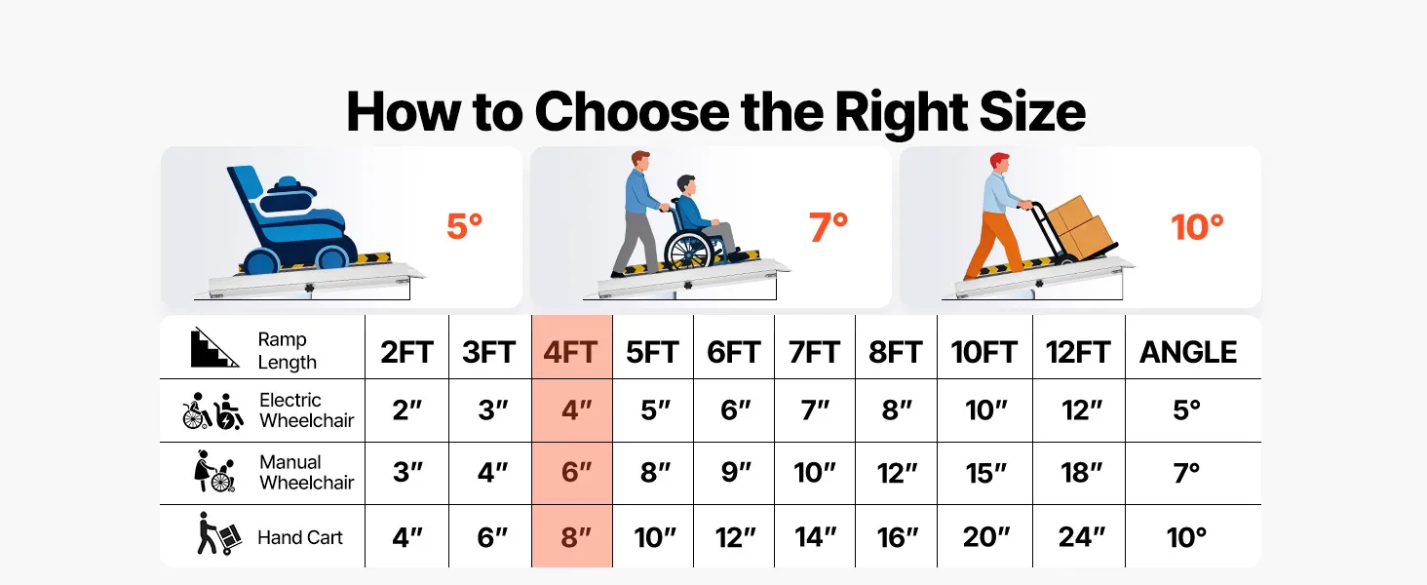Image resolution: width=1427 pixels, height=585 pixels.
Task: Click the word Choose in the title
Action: pyautogui.click(x=632, y=111)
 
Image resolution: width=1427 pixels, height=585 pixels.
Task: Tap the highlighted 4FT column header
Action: pyautogui.click(x=570, y=352)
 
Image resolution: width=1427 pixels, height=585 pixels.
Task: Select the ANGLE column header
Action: pyautogui.click(x=1188, y=352)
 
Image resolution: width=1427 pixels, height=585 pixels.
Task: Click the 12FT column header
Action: pyautogui.click(x=1078, y=352)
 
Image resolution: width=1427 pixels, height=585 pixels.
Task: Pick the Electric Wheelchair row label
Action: pyautogui.click(x=306, y=409)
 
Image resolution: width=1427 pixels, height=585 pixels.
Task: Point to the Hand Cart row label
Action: pyautogui.click(x=299, y=537)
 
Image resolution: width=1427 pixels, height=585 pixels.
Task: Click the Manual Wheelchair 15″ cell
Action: pyautogui.click(x=985, y=473)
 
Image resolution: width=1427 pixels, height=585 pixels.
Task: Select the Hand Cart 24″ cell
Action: pyautogui.click(x=1081, y=537)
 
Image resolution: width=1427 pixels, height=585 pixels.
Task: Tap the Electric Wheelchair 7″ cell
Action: pyautogui.click(x=815, y=409)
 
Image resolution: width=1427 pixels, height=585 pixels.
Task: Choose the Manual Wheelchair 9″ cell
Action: pyautogui.click(x=736, y=473)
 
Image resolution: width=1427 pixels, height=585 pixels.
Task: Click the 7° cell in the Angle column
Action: pyautogui.click(x=1186, y=473)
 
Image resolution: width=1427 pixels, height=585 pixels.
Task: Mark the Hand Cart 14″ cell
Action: pyautogui.click(x=815, y=537)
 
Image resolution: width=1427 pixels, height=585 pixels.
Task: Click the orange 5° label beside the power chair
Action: pyautogui.click(x=464, y=226)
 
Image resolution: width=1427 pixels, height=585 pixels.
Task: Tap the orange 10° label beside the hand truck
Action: pyautogui.click(x=1197, y=227)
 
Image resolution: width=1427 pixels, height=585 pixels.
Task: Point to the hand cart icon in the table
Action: pyautogui.click(x=218, y=533)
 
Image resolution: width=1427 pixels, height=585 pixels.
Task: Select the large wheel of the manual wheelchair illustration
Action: pyautogui.click(x=687, y=251)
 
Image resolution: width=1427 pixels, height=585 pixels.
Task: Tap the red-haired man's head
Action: pyautogui.click(x=1000, y=163)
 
